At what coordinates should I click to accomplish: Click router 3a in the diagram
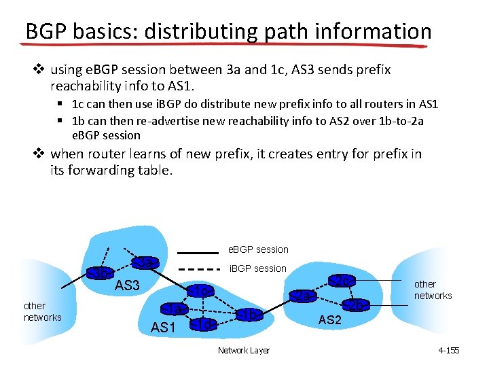point(145,262)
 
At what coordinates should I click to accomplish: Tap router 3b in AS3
point(100,273)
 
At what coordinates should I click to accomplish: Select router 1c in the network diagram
point(201,291)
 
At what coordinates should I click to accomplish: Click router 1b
point(249,315)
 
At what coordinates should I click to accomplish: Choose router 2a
point(304,296)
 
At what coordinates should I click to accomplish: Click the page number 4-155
point(449,351)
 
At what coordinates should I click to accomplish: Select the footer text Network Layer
point(243,351)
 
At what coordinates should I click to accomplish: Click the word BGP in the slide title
point(47,32)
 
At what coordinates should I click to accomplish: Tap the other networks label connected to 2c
point(433,290)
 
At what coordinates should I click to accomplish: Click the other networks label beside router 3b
point(42,312)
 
